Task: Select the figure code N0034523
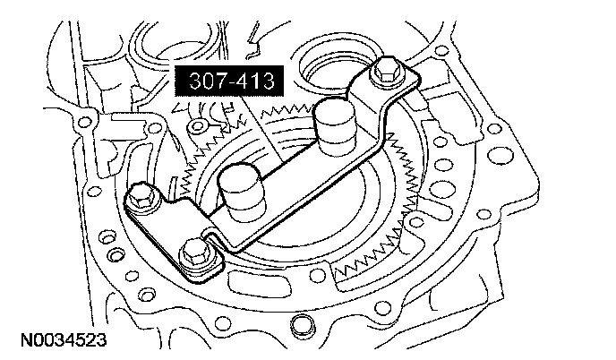[64, 340]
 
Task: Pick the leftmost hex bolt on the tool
[142, 196]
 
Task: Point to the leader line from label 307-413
[261, 129]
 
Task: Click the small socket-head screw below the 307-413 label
[195, 126]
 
